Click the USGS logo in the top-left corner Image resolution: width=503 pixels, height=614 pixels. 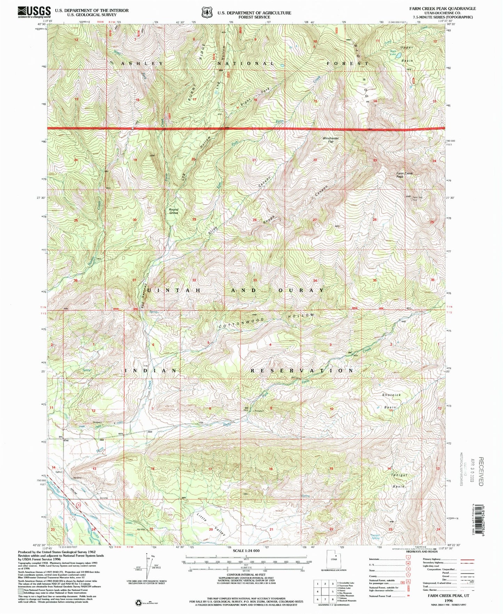tap(34, 12)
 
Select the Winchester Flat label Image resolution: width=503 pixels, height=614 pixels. tap(330, 140)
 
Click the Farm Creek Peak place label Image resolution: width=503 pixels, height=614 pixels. tap(404, 175)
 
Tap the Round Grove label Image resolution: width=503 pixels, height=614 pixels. tap(173, 211)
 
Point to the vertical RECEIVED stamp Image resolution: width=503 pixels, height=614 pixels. tap(481, 471)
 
